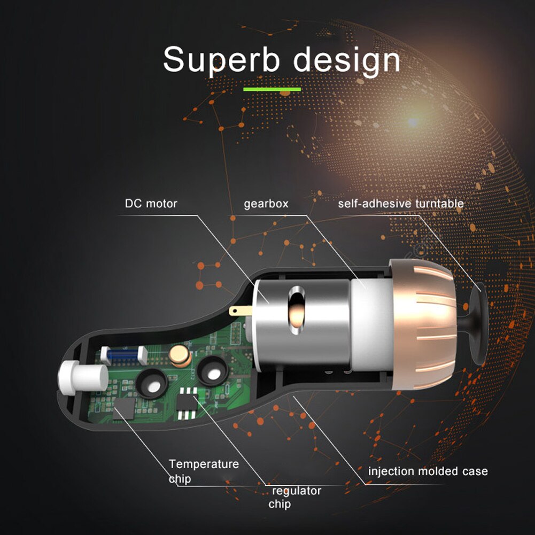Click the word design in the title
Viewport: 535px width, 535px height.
click(347, 60)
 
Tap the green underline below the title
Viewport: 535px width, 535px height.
click(272, 89)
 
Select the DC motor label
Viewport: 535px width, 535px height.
click(151, 204)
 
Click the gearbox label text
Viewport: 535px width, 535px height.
click(266, 204)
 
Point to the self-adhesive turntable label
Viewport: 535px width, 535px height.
click(401, 204)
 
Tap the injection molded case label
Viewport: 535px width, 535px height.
click(428, 471)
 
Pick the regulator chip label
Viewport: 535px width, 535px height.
click(296, 498)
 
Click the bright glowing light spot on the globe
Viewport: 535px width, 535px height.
click(413, 121)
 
